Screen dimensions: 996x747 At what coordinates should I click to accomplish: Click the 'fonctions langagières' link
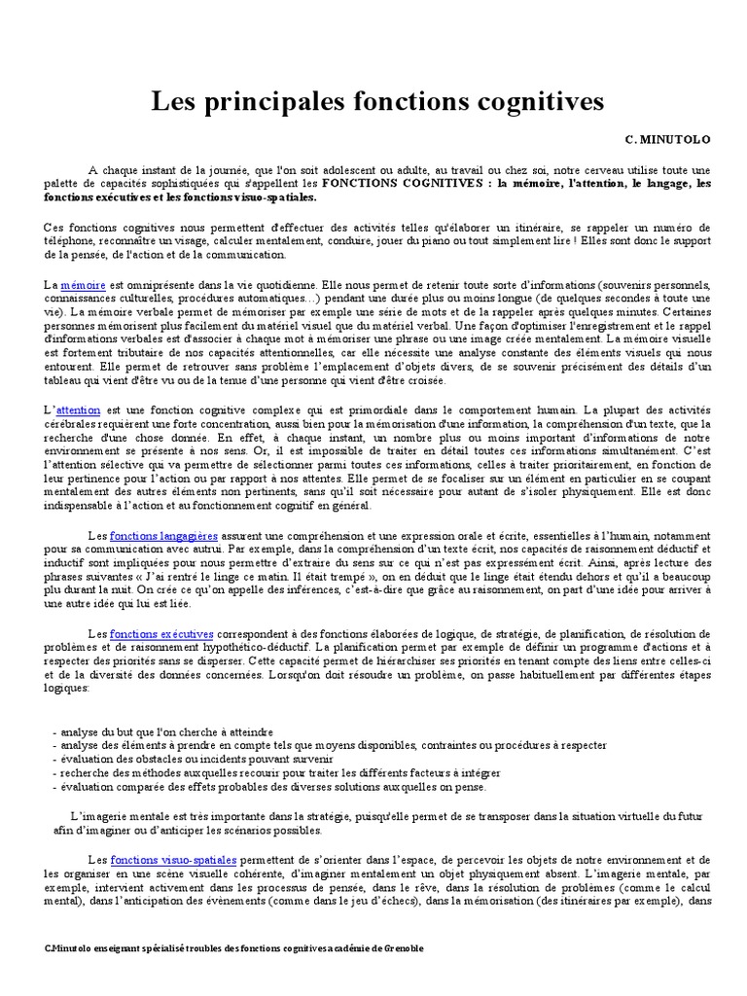coord(163,535)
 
